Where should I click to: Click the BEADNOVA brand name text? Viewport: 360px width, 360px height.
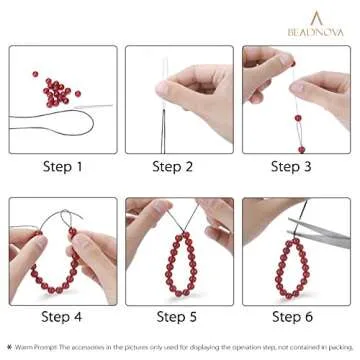[x=316, y=32]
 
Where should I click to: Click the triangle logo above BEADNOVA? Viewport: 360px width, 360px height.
[x=317, y=17]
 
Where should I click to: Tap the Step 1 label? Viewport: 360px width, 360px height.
[x=64, y=167]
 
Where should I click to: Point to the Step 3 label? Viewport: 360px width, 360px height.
[x=297, y=167]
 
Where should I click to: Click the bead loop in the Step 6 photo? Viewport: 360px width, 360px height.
[x=292, y=270]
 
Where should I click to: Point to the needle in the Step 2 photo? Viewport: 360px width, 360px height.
[x=166, y=75]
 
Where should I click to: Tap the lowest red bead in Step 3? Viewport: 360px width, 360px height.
[x=301, y=149]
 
